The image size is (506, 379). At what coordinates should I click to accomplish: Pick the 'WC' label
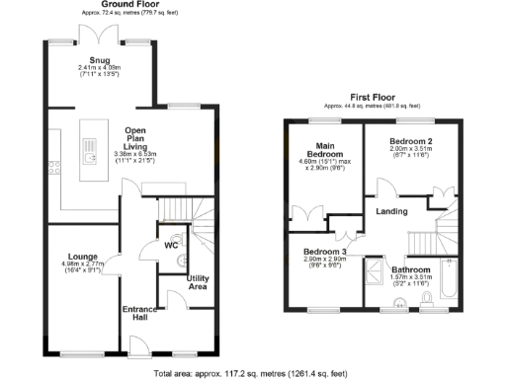pos(171,244)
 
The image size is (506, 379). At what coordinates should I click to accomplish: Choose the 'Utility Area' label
pos(197,282)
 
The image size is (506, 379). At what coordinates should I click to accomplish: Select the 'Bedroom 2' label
pos(412,140)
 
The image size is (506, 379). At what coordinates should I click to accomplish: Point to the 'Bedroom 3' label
pos(324,252)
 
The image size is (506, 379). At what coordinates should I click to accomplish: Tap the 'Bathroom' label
pos(410,269)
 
